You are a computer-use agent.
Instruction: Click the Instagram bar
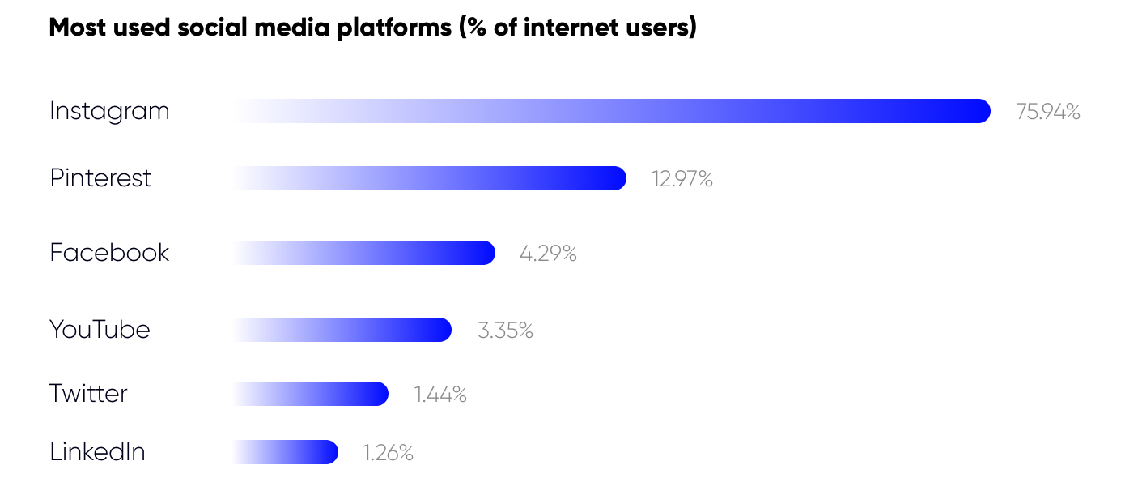click(x=612, y=111)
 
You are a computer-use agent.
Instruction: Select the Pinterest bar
click(x=430, y=178)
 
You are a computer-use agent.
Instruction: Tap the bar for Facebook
click(x=364, y=253)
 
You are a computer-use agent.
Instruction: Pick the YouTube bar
click(x=342, y=330)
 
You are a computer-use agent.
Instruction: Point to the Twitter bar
click(x=311, y=394)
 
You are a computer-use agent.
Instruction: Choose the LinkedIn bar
click(x=286, y=452)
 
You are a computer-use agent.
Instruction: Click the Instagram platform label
click(x=109, y=111)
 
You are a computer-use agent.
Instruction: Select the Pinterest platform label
click(x=100, y=178)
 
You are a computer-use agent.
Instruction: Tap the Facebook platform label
click(x=109, y=253)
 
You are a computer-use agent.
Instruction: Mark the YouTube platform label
click(x=100, y=330)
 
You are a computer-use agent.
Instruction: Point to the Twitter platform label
click(x=88, y=394)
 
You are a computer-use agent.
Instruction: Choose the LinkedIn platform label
click(x=97, y=452)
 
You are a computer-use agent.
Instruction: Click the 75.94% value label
click(x=1048, y=112)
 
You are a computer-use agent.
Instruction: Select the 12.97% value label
click(x=682, y=179)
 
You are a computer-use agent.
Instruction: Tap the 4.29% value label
click(x=548, y=254)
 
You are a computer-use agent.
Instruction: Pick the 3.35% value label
click(x=505, y=331)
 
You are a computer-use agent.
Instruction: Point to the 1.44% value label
click(x=440, y=395)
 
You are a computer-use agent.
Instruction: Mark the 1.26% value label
click(x=388, y=453)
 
